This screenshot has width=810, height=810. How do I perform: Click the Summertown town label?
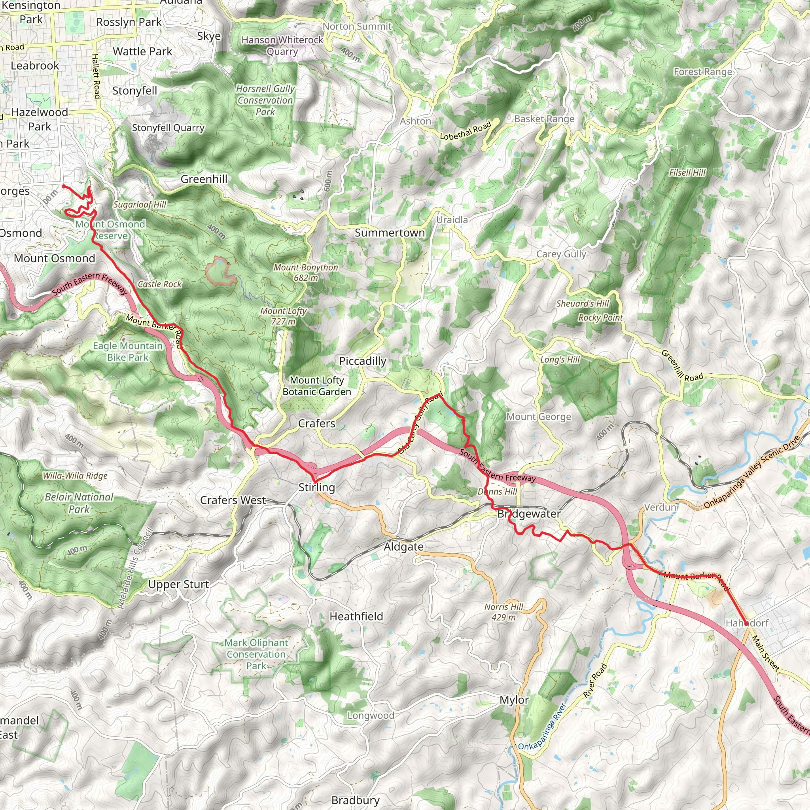(390, 233)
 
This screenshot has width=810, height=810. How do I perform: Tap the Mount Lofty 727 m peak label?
(284, 316)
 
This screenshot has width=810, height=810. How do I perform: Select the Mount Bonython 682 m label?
(306, 273)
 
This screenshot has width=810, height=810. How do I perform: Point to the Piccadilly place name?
(363, 361)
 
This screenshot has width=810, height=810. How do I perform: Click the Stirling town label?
(316, 487)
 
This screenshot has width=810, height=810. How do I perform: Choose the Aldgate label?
(403, 547)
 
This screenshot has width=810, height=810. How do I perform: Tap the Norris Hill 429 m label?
(503, 612)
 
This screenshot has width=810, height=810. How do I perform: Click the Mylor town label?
(514, 700)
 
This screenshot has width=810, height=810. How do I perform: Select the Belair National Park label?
(79, 503)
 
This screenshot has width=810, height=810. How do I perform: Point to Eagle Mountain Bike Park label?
(127, 352)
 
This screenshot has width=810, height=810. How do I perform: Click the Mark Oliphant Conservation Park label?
(256, 654)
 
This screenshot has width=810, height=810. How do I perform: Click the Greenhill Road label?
(682, 365)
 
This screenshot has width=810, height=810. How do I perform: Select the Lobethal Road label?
(466, 131)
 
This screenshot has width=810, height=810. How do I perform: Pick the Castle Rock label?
(160, 284)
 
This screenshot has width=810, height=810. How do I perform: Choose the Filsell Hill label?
(687, 173)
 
